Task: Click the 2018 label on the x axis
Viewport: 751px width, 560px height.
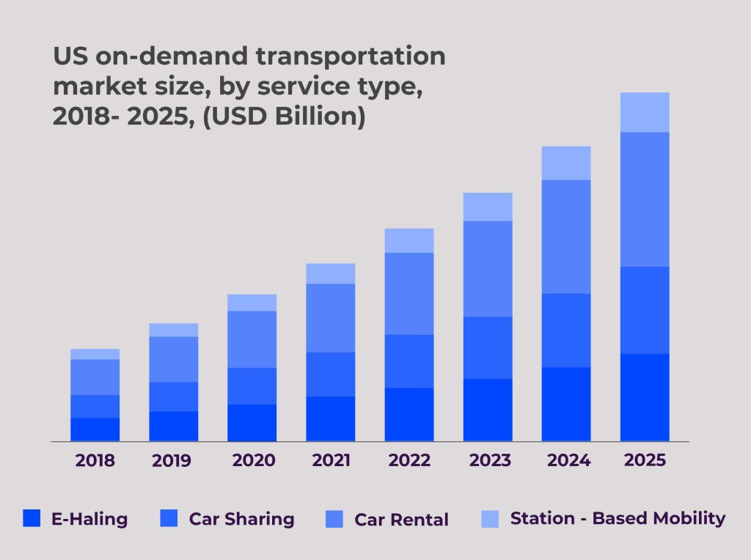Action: pyautogui.click(x=95, y=461)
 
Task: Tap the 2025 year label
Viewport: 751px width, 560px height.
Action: pyautogui.click(x=644, y=460)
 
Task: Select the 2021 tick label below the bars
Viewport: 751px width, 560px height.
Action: pyautogui.click(x=330, y=460)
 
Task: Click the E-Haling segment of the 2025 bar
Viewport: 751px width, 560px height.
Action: pyautogui.click(x=645, y=397)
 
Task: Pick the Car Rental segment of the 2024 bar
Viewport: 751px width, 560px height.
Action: pyautogui.click(x=566, y=237)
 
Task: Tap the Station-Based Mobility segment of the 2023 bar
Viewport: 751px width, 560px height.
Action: pyautogui.click(x=488, y=207)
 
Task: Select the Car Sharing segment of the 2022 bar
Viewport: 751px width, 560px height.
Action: pyautogui.click(x=409, y=361)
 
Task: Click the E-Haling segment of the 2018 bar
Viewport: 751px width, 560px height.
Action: pyautogui.click(x=95, y=430)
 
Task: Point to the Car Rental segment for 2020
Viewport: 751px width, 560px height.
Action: pyautogui.click(x=252, y=339)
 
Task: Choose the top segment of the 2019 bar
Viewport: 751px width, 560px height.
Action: pyautogui.click(x=174, y=330)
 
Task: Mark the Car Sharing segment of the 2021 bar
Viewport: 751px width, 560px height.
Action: pyautogui.click(x=331, y=375)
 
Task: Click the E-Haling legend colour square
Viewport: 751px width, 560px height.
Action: pyautogui.click(x=32, y=519)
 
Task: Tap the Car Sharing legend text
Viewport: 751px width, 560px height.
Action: pyautogui.click(x=241, y=519)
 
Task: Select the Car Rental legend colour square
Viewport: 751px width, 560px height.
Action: pyautogui.click(x=334, y=519)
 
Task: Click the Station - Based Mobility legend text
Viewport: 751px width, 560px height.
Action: pyautogui.click(x=618, y=518)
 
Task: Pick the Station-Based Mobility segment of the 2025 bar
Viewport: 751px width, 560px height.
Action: pyautogui.click(x=645, y=112)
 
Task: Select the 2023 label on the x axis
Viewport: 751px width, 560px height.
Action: pyautogui.click(x=488, y=460)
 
